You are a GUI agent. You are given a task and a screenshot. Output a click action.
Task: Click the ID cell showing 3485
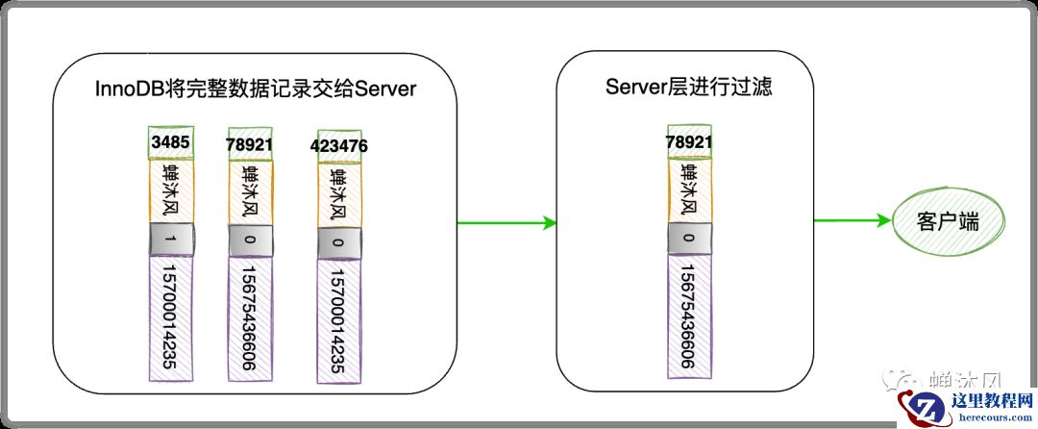(x=171, y=142)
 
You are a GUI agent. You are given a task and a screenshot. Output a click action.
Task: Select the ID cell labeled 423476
(x=339, y=145)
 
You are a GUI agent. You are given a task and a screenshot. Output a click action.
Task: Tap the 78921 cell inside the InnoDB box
(x=251, y=144)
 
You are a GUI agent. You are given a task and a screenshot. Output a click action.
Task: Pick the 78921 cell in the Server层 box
(x=690, y=141)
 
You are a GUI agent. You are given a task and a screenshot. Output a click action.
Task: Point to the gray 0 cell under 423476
(x=339, y=243)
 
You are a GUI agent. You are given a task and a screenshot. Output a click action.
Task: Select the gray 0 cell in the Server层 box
(x=690, y=239)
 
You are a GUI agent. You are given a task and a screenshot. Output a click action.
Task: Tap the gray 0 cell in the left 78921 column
(x=251, y=240)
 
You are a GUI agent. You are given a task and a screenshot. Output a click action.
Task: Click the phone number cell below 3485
(x=171, y=317)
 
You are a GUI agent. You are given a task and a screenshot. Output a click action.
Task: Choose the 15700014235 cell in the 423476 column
(x=339, y=321)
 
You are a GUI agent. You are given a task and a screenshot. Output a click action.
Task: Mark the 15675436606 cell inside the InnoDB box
(x=251, y=319)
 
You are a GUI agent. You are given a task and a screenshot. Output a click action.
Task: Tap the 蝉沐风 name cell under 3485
(x=171, y=191)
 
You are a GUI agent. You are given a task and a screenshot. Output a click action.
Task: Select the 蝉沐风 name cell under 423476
(x=339, y=195)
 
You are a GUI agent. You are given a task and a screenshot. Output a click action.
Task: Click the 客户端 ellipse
(x=948, y=222)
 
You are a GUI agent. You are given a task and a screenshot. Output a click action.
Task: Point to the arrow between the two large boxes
(x=507, y=223)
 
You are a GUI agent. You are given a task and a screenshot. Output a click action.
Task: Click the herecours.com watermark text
(x=991, y=417)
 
